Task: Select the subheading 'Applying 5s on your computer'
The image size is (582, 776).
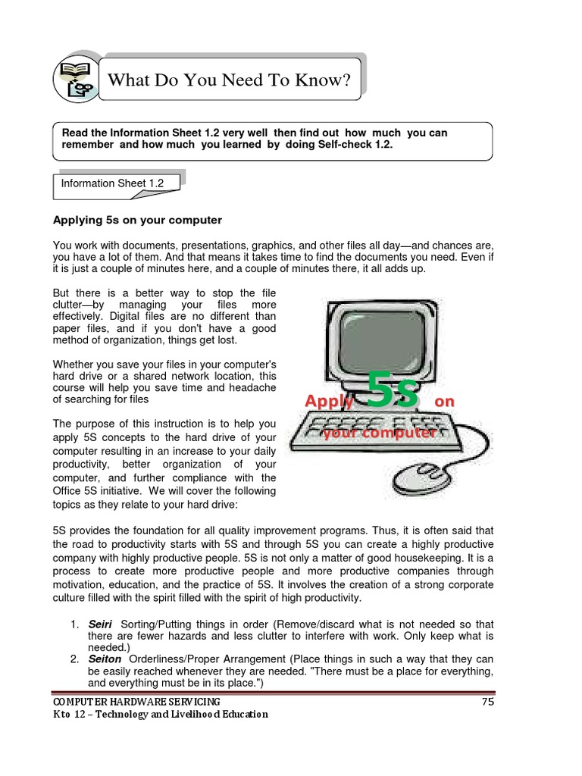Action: coord(137,221)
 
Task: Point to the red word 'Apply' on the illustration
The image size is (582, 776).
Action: coord(329,401)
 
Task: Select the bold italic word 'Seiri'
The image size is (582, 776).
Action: coord(102,624)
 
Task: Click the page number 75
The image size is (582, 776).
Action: coord(487,702)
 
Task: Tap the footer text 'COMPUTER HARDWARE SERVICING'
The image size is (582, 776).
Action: coord(136,702)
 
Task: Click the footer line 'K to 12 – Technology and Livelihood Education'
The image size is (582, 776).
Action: coord(160,715)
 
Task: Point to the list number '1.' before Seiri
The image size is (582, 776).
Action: coord(75,624)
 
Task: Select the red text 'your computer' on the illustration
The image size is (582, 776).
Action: coord(379,433)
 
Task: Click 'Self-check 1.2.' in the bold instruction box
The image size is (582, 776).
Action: coord(351,145)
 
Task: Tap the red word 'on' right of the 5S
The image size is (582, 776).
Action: coord(445,401)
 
